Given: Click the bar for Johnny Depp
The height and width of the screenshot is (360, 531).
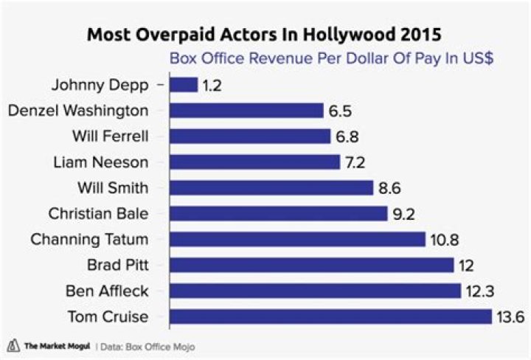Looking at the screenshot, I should [x=184, y=85].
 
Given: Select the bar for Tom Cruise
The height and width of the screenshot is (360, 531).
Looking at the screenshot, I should [x=330, y=316].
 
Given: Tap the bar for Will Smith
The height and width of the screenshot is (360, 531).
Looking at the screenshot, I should [x=271, y=188].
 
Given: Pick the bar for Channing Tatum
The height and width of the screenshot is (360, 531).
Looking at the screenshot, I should [x=297, y=240].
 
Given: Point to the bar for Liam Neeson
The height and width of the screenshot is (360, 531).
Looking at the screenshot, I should [x=254, y=162].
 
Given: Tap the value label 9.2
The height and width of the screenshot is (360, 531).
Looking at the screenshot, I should [x=402, y=214].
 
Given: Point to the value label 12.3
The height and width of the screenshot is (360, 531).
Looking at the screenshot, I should [x=478, y=291].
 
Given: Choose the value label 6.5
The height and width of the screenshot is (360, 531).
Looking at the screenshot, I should [x=339, y=111].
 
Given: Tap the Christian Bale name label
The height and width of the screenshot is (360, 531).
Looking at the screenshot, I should [x=97, y=214].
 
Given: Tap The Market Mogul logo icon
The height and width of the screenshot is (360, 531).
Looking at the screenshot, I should [x=13, y=345].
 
